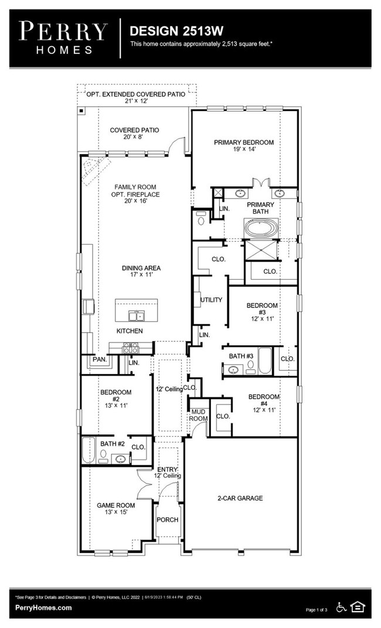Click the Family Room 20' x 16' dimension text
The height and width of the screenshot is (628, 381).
tap(137, 201)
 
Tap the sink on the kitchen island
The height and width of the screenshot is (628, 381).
tap(137, 317)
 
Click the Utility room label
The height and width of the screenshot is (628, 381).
tap(211, 300)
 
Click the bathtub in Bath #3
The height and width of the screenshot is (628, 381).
tap(265, 362)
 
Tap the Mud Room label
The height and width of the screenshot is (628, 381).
tap(198, 415)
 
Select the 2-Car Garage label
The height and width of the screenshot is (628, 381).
tap(239, 498)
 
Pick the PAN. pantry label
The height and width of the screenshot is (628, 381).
tap(98, 359)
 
